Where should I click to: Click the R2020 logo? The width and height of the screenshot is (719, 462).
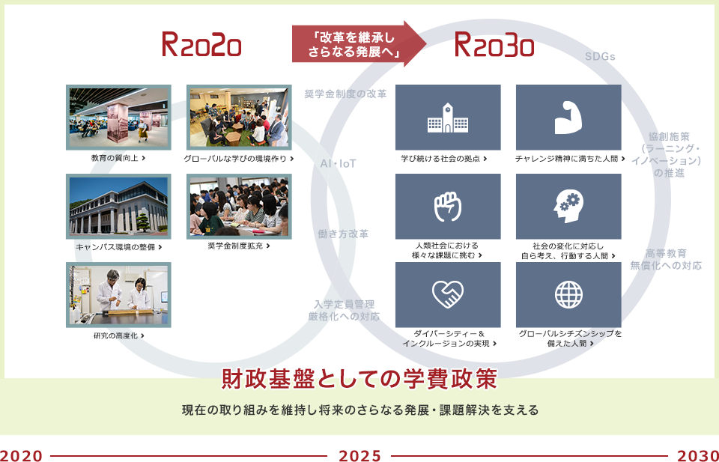[x=201, y=44]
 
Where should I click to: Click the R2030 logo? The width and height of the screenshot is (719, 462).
[x=494, y=44]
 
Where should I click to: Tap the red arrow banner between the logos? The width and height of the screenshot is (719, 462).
[x=359, y=44]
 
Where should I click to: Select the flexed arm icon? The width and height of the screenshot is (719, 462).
[x=568, y=118]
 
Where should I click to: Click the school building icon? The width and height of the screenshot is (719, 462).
[x=448, y=118]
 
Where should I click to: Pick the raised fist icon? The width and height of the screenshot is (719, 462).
[x=448, y=206]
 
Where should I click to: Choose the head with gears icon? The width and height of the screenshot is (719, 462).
[x=568, y=206]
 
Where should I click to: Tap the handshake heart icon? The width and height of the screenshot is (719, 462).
[x=448, y=294]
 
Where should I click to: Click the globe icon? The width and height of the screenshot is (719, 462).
[x=568, y=294]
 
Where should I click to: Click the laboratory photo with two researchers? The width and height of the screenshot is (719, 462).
[x=118, y=295]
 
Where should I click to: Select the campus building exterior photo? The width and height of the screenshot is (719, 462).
[x=118, y=206]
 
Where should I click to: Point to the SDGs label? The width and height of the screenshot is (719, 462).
[x=600, y=56]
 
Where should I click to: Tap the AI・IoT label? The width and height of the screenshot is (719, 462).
[x=338, y=164]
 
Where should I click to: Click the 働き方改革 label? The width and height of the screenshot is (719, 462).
[x=343, y=234]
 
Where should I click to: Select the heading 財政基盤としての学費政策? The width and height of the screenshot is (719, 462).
[x=359, y=379]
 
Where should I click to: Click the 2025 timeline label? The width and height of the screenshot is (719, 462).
[x=359, y=455]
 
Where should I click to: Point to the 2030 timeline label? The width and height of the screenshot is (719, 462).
[x=698, y=455]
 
